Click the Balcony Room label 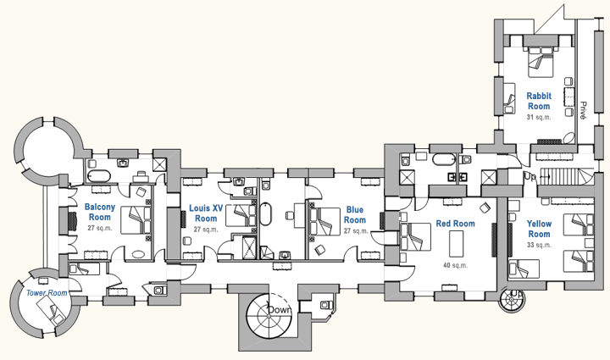point(99,213)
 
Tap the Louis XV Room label point(206,213)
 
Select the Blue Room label point(355,215)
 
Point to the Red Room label point(455,224)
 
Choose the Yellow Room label point(539,229)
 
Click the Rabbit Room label point(539,101)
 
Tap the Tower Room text point(47,292)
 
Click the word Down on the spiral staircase point(280,310)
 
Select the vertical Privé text point(584,109)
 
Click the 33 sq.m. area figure point(539,244)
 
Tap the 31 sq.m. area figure point(539,117)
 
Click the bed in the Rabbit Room point(540,59)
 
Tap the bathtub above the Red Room point(444,158)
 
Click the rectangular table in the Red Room point(456,244)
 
